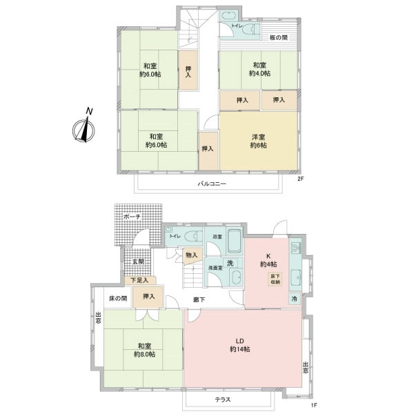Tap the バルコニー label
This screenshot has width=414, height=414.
[212, 184]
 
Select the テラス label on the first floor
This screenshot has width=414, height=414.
[223, 400]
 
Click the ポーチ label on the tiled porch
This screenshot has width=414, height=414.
[132, 217]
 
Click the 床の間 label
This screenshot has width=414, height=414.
[118, 298]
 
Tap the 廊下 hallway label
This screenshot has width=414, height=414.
[199, 298]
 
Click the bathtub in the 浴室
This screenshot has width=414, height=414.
[232, 241]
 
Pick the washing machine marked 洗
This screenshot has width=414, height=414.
[232, 263]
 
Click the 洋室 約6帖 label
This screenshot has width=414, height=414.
[258, 141]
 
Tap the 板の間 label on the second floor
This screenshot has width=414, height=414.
[279, 37]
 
